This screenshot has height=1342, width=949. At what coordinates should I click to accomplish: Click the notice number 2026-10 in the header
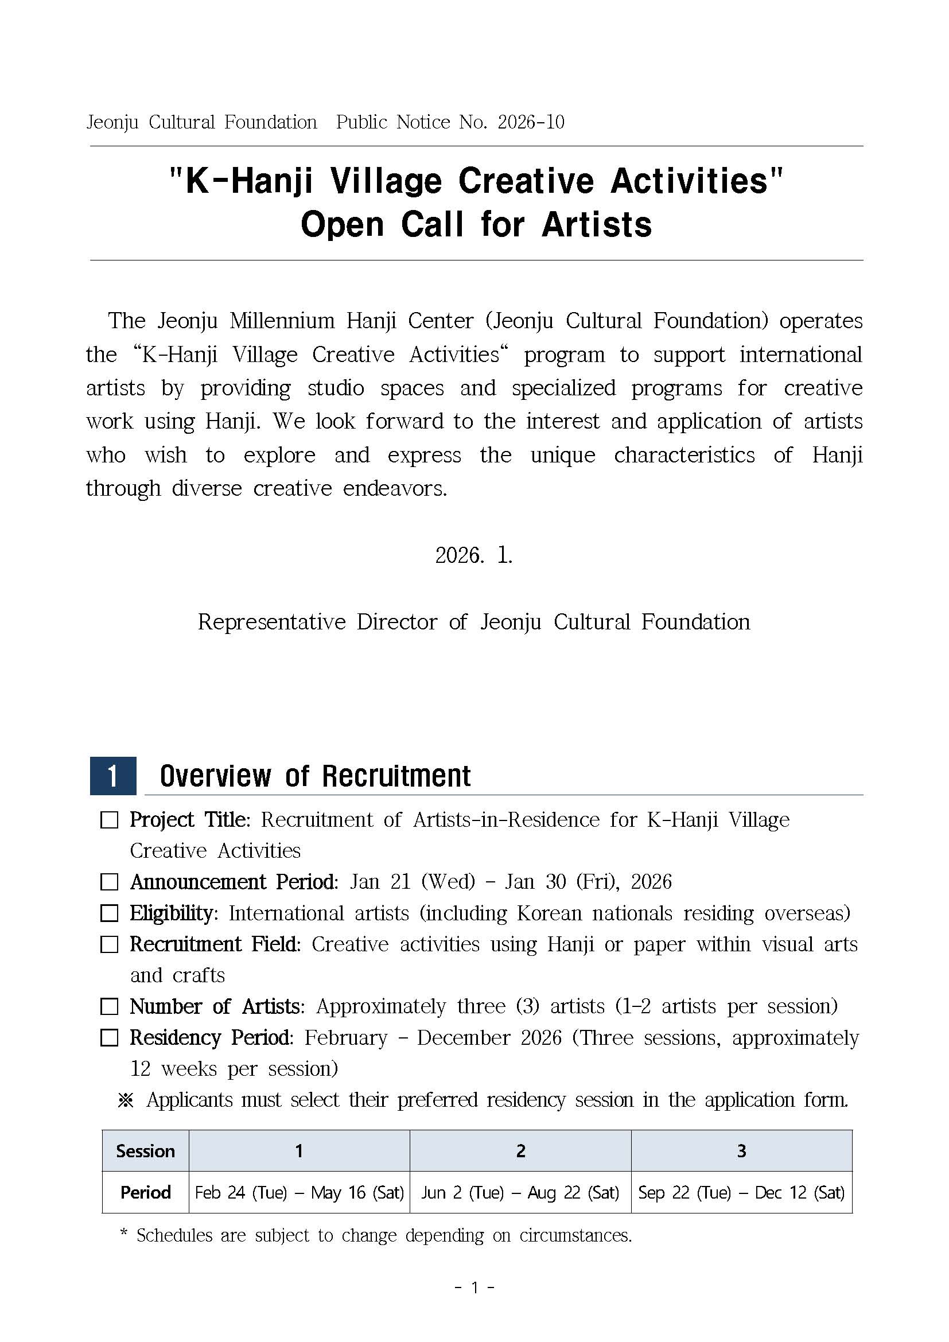[x=531, y=122]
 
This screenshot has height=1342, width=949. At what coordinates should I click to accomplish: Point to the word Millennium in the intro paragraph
[x=282, y=321]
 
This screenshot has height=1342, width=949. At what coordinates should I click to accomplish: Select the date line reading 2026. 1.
[x=474, y=555]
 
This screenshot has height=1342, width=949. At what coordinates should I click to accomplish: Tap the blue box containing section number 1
[x=113, y=776]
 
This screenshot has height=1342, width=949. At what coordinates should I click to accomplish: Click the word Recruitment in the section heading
[x=396, y=776]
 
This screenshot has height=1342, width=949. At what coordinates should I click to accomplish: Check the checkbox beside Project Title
[x=109, y=820]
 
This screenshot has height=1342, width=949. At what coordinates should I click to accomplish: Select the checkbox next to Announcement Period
[x=109, y=882]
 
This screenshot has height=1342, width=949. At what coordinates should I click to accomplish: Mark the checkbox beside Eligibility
[x=109, y=913]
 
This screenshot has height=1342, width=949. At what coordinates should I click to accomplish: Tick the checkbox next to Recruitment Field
[x=109, y=944]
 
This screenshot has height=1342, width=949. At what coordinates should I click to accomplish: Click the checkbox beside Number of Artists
[x=109, y=1006]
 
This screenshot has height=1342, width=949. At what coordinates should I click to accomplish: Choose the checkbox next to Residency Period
[x=109, y=1038]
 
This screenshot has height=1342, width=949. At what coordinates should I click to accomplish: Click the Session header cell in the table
[x=146, y=1151]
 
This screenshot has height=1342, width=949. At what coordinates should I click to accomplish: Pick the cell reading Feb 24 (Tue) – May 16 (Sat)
[x=299, y=1192]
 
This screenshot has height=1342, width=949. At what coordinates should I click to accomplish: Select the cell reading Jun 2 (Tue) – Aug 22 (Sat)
[x=520, y=1192]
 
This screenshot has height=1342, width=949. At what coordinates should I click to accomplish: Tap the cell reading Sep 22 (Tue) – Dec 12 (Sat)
[x=741, y=1192]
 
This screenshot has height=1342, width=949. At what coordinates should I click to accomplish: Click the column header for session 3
[x=741, y=1151]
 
